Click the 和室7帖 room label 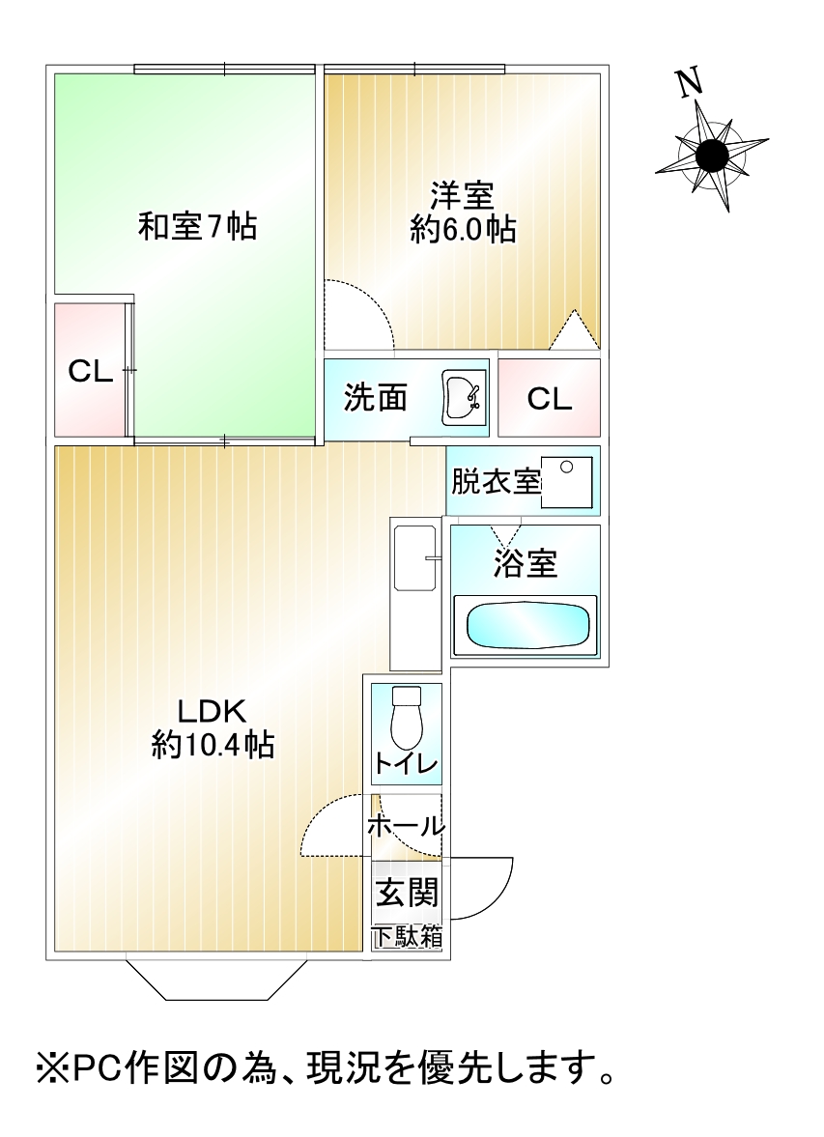197,228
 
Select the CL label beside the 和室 89,371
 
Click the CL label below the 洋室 549,398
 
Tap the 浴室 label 526,564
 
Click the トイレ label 406,764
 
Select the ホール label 406,827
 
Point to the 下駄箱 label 408,935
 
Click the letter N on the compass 688,84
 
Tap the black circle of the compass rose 712,155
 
